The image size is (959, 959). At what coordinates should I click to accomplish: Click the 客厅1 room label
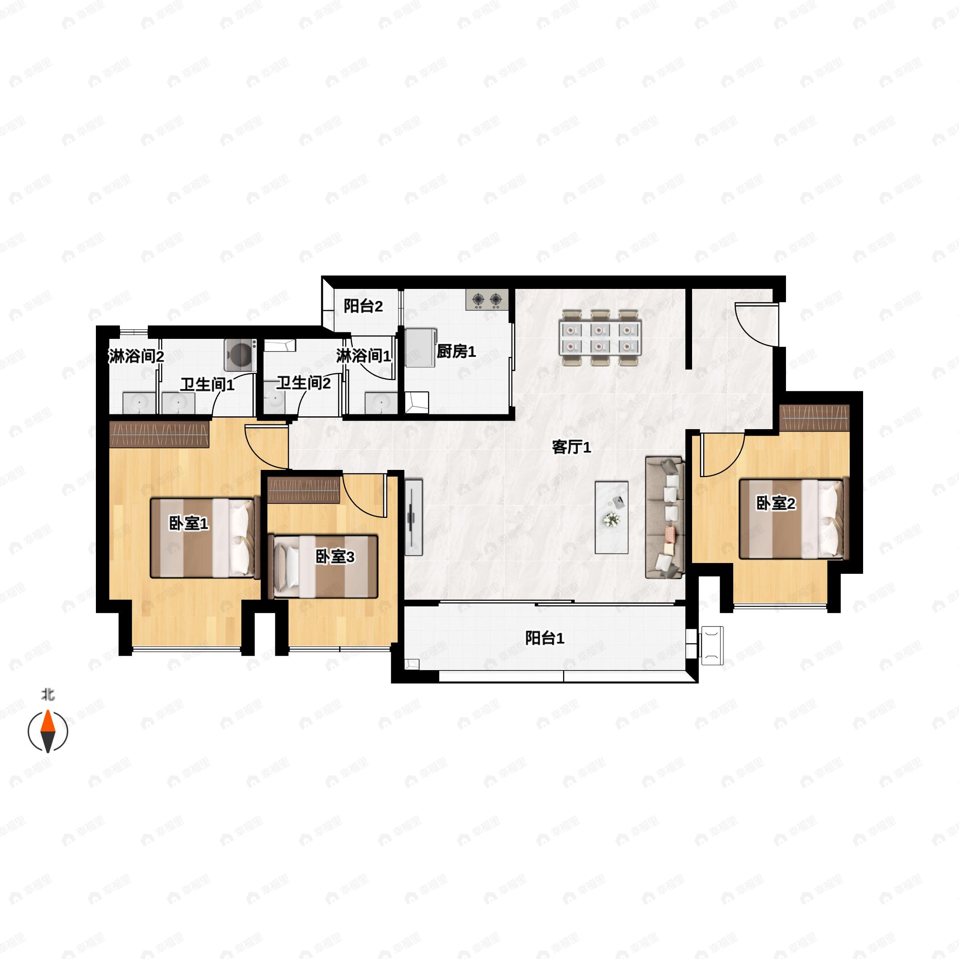tap(571, 448)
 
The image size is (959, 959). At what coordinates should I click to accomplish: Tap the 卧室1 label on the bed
tap(189, 523)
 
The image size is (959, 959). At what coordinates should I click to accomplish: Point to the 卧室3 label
tap(335, 557)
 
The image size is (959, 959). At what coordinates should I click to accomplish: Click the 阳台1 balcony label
tap(545, 639)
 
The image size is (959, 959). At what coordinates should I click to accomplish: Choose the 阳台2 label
tap(363, 306)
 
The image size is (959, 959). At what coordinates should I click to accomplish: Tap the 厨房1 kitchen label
tap(456, 352)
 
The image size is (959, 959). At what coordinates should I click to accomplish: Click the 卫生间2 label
tap(303, 383)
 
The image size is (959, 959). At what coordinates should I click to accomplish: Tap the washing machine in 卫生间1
tap(241, 354)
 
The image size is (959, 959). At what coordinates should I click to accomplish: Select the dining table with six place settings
tap(600, 338)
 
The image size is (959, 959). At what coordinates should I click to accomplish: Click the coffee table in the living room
tap(611, 517)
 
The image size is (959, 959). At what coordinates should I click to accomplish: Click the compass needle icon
tap(48, 731)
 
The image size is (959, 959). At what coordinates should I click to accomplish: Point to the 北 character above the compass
tap(48, 694)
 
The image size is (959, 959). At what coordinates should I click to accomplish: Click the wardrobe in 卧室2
tap(814, 418)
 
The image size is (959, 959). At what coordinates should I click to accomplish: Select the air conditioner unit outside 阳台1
tap(711, 645)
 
